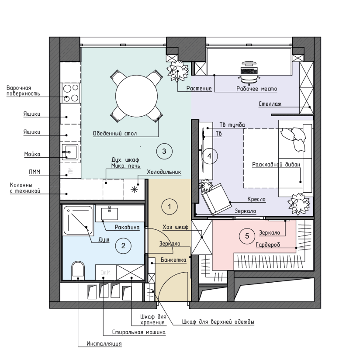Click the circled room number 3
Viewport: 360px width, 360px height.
coord(164,151)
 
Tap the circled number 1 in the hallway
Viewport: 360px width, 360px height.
coord(170,207)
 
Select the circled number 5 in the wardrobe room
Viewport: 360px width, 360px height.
coord(247,236)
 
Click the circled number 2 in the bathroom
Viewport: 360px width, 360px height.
coord(123,246)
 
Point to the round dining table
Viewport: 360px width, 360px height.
coord(136,96)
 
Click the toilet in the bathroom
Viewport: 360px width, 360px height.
coord(78,270)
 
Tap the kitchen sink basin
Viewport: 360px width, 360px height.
coord(70,152)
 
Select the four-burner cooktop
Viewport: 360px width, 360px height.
coord(71,93)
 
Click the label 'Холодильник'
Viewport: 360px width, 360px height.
coord(164,172)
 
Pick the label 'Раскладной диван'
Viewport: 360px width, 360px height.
coord(276,165)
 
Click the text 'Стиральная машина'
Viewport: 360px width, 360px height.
coord(138,332)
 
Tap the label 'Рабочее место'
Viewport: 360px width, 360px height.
coord(257,89)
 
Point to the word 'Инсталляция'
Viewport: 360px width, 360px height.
coord(104,344)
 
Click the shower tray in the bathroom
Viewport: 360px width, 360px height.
coord(78,221)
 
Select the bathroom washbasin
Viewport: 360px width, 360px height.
coord(110,214)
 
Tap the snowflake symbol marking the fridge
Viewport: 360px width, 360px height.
coord(134,190)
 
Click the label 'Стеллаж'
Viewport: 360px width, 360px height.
coord(270,104)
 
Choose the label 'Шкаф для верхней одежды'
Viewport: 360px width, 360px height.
coord(218,322)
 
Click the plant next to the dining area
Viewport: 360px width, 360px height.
coord(178,71)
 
